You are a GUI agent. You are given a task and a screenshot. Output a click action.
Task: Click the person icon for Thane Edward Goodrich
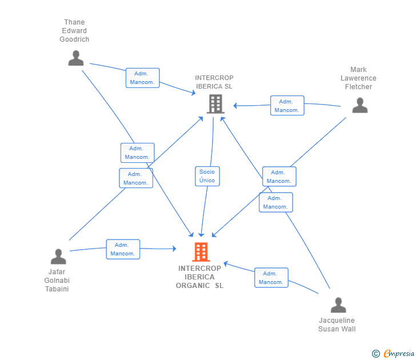coord(75,58)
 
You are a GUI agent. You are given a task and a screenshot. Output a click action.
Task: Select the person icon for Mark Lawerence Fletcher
coord(359,106)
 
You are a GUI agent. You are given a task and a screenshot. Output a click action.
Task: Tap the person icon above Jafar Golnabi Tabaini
coord(58,257)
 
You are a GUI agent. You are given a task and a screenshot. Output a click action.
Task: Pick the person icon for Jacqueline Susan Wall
coord(338,305)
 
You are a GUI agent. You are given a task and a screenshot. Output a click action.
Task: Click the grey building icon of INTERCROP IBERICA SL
coord(215,104)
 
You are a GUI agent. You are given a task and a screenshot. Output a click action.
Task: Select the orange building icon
coord(200,251)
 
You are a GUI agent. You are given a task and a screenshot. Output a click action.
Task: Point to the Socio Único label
coord(207,176)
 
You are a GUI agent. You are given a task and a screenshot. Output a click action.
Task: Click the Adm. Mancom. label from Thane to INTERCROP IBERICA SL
coord(142,78)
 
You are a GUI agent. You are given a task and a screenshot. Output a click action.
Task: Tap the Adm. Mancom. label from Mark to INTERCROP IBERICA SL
coord(287,106)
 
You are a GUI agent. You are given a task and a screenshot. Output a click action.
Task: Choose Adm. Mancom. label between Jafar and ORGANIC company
coord(122,249)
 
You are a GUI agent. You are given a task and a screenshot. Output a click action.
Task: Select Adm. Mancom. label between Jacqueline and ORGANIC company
coord(271,278)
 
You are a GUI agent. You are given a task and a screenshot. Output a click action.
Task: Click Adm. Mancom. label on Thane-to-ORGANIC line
coord(137,153)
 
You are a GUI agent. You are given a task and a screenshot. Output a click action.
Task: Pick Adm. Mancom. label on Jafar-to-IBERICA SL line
coord(135,178)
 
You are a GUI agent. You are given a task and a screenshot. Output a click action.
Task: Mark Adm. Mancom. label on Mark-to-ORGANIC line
coord(279,177)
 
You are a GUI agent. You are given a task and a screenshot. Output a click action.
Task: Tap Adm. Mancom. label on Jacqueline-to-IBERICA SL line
coord(275,202)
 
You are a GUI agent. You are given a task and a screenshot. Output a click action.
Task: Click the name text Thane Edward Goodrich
coord(74,31)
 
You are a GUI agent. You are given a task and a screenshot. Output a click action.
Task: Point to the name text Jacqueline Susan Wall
coord(337,325)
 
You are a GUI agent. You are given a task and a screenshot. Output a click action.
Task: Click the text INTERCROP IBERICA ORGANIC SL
coord(199,277)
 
